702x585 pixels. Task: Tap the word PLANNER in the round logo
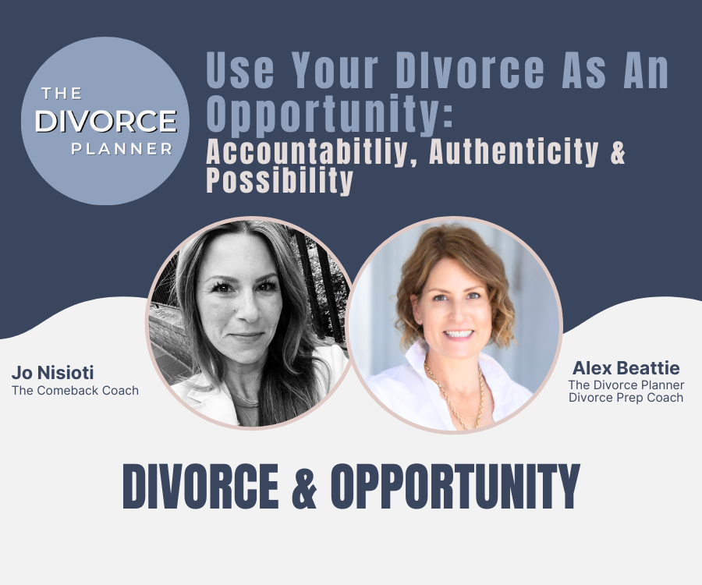click(x=122, y=148)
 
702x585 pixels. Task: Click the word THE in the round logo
click(x=62, y=94)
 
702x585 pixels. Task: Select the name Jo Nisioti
click(x=52, y=373)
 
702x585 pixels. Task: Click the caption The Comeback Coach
click(x=75, y=390)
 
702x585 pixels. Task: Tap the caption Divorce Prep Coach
click(x=626, y=398)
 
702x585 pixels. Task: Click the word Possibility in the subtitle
click(x=279, y=181)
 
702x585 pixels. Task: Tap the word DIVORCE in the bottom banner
click(x=200, y=487)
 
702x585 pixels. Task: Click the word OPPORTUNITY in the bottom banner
click(x=455, y=487)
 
